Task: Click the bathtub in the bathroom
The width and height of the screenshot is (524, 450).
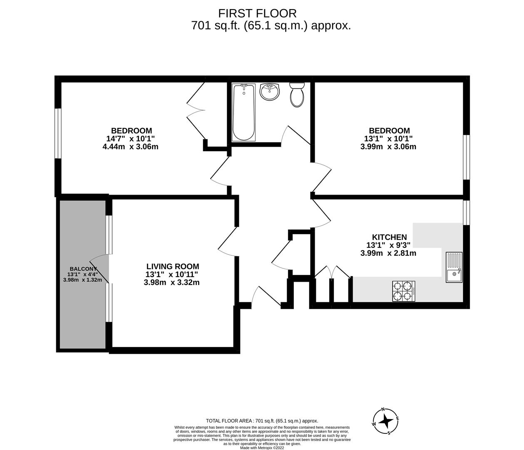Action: coord(243,112)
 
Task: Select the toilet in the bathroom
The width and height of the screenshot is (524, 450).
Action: coord(297,94)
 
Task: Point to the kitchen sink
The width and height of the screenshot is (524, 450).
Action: coord(454,267)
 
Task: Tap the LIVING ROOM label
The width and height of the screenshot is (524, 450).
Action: coord(173,266)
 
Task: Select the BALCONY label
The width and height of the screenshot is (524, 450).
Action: coord(83,269)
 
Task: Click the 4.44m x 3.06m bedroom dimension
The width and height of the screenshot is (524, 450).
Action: coord(130,147)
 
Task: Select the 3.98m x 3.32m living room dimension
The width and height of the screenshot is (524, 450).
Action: coord(171,282)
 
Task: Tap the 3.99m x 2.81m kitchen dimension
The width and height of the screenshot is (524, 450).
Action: coord(388,253)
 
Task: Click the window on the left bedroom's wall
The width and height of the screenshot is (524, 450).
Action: coord(58,133)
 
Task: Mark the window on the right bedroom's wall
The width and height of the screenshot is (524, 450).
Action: coord(467,157)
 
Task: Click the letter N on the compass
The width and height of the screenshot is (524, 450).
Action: coord(383,409)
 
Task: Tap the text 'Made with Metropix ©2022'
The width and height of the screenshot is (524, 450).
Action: coord(262,448)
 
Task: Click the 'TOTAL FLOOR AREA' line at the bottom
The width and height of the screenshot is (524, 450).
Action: coord(262,421)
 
